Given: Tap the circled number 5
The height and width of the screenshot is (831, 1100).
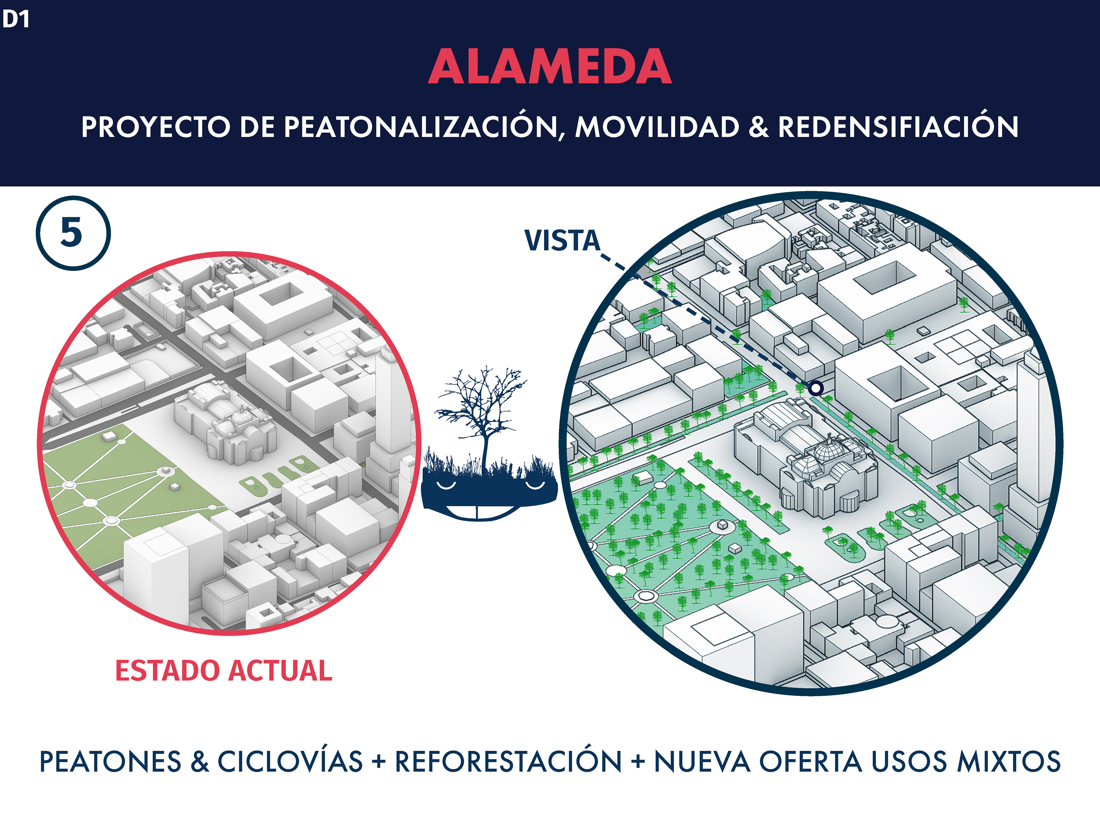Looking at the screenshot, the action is (x=72, y=233).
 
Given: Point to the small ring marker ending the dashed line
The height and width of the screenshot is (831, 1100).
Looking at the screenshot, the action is (x=816, y=387).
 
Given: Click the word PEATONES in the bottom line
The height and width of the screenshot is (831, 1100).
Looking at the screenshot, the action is (x=110, y=762).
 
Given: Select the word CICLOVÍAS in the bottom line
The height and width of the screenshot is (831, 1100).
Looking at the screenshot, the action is (x=290, y=762).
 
